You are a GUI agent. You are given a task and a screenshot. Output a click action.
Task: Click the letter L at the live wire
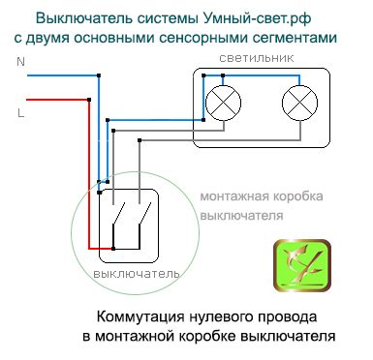(x=20, y=112)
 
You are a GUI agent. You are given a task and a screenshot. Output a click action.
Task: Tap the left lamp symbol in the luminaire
(x=225, y=101)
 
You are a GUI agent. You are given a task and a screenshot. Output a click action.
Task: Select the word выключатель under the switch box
(x=137, y=274)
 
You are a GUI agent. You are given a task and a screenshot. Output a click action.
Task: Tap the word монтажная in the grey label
(x=236, y=197)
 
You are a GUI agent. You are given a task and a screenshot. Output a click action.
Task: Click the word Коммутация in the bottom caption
(x=140, y=316)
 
